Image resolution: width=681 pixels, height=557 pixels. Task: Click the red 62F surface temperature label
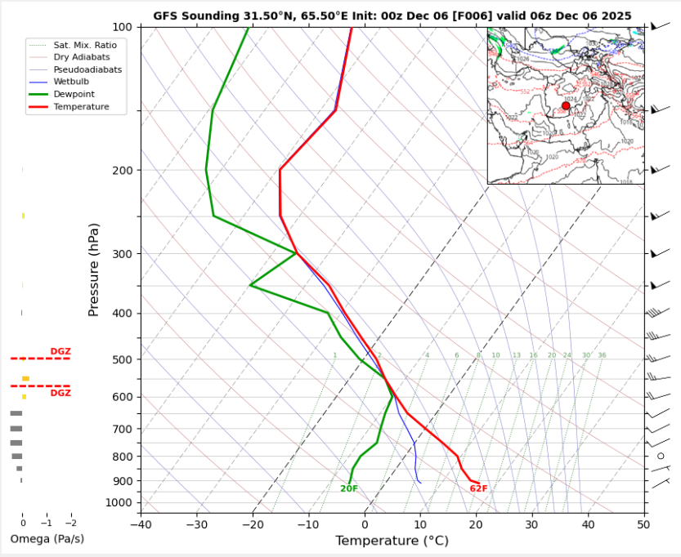478,488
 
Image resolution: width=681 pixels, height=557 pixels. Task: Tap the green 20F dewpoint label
349,488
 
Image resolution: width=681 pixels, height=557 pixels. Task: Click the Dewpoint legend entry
74,94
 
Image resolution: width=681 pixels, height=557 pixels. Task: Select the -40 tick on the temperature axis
141,524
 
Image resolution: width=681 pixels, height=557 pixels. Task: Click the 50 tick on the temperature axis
643,524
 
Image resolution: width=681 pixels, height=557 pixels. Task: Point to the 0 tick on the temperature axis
365,524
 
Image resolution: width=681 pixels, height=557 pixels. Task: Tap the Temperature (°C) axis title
392,541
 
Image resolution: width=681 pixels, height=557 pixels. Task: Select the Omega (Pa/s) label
47,539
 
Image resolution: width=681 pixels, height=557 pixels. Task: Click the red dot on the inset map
566,106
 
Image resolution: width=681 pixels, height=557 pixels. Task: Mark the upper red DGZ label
60,351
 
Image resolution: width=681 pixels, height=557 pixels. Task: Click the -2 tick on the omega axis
70,524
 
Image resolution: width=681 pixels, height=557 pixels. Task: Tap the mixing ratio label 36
602,355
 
